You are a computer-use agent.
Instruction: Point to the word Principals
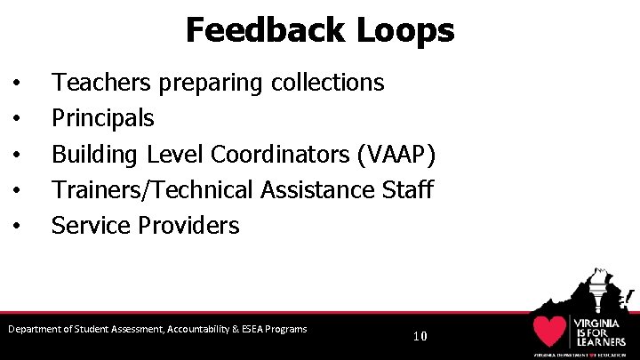(x=102, y=118)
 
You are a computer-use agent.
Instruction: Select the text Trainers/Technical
(x=152, y=189)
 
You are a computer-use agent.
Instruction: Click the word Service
(x=91, y=225)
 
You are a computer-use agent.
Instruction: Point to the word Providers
(x=188, y=225)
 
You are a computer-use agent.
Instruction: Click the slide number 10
(x=420, y=336)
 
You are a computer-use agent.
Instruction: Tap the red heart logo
(x=550, y=332)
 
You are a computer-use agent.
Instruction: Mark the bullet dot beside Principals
(x=18, y=119)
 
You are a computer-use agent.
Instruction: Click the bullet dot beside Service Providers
(x=18, y=226)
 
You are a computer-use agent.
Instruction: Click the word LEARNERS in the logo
(x=600, y=340)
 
